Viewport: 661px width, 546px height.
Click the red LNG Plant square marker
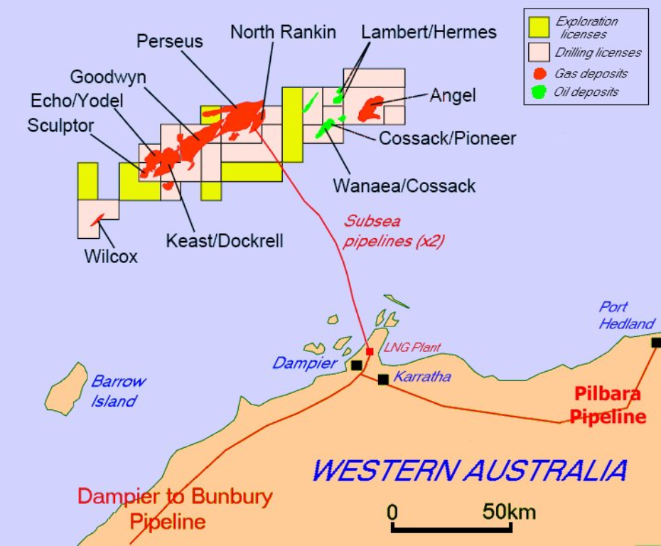pyautogui.click(x=370, y=351)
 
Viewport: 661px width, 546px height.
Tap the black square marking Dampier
pyautogui.click(x=356, y=365)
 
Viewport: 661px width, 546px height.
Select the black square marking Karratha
pyautogui.click(x=383, y=380)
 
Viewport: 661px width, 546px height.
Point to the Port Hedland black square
pyautogui.click(x=655, y=343)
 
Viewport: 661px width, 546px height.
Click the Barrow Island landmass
pyautogui.click(x=66, y=388)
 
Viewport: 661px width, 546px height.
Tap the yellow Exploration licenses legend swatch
pyautogui.click(x=538, y=27)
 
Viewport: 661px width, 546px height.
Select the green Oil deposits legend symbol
pyautogui.click(x=539, y=92)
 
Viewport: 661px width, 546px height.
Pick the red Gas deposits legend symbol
pyautogui.click(x=539, y=73)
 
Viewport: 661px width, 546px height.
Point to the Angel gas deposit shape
pyautogui.click(x=371, y=108)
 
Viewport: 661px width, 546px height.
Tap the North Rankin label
pyautogui.click(x=283, y=32)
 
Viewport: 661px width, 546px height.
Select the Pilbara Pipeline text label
pyautogui.click(x=608, y=405)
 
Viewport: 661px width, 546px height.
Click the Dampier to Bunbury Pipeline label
pyautogui.click(x=174, y=508)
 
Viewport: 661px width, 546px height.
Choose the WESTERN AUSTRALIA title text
pyautogui.click(x=469, y=470)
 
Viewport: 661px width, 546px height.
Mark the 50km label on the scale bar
pyautogui.click(x=509, y=511)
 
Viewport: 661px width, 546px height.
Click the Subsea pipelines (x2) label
pyautogui.click(x=394, y=231)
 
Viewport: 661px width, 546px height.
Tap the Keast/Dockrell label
pyautogui.click(x=224, y=241)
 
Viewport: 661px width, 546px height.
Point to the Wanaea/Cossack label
pyautogui.click(x=404, y=186)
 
